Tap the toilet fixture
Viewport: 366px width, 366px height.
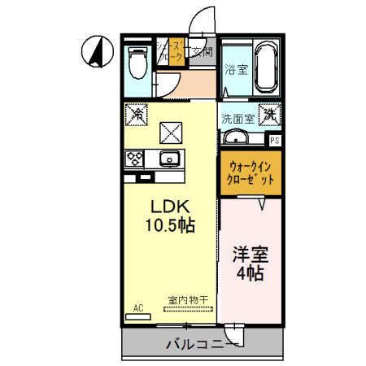coord(137,60)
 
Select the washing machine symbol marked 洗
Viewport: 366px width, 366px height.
coord(269,115)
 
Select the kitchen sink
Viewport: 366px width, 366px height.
coord(171,158)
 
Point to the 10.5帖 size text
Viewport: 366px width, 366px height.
coord(170,224)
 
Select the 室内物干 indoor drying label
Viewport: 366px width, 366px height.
coord(188,300)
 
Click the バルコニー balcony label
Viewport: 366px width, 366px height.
coord(198,344)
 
